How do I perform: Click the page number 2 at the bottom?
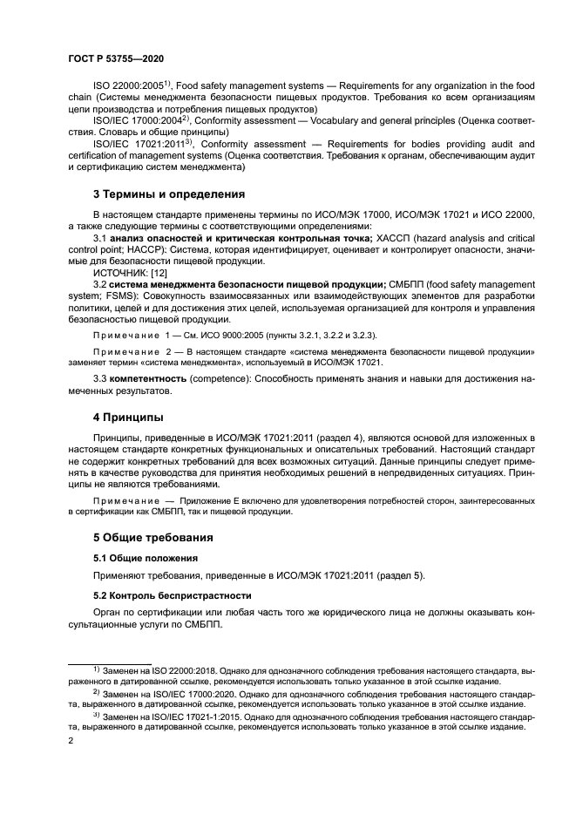pos(71,740)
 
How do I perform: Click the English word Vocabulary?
pos(310,119)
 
